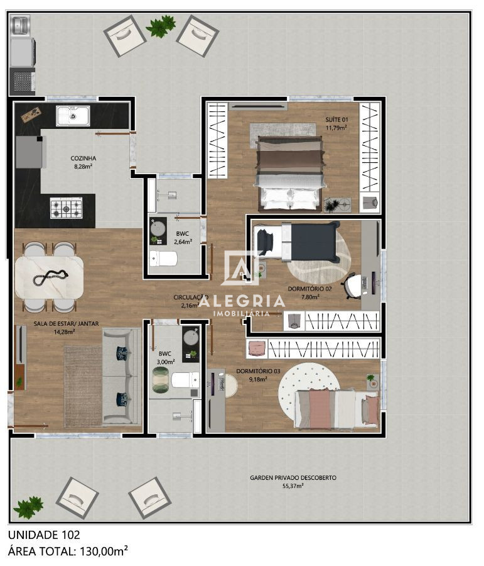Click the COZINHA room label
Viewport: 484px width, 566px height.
(x=83, y=158)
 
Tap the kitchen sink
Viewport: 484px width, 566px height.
(x=72, y=116)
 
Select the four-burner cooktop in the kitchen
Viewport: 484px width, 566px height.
(x=66, y=208)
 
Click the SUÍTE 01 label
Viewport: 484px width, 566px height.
(x=336, y=119)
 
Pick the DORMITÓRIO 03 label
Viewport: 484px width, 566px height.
(x=252, y=371)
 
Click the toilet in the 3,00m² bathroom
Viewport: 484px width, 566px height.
(x=185, y=380)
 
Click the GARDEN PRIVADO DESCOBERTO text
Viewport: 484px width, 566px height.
(x=293, y=478)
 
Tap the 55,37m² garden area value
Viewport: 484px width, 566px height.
(x=293, y=486)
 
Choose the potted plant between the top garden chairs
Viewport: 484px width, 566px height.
(x=161, y=26)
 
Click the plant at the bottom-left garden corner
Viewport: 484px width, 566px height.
(x=28, y=506)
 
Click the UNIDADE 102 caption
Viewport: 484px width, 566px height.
(x=44, y=535)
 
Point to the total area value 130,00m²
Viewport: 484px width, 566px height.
(x=103, y=552)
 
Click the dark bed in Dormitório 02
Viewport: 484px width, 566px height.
(x=314, y=242)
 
